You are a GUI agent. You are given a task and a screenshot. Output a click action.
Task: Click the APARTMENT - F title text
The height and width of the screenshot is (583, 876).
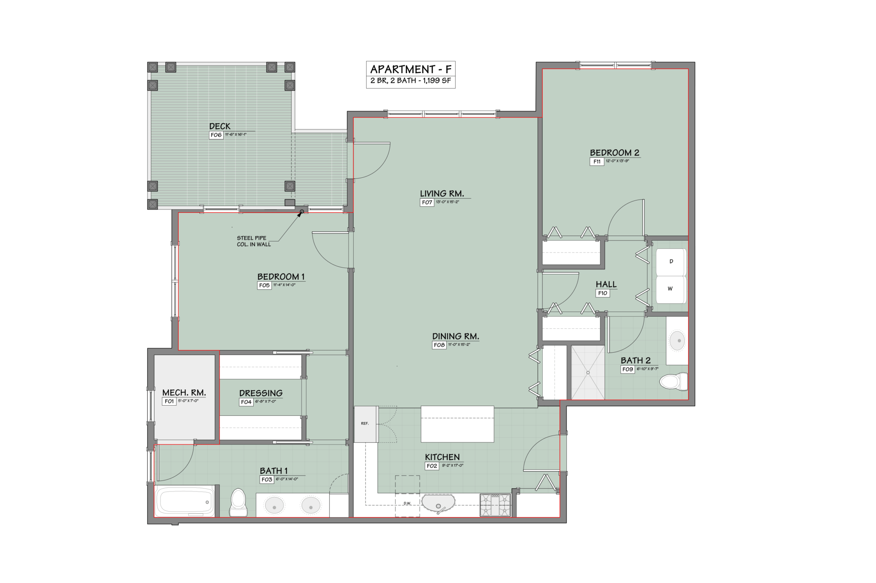point(410,69)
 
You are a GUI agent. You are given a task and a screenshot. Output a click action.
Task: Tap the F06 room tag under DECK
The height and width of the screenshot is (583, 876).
point(216,135)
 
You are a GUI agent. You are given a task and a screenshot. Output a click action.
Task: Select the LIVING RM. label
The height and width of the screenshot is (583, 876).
point(442,194)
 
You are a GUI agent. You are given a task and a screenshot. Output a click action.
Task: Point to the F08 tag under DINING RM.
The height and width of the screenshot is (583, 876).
point(439,345)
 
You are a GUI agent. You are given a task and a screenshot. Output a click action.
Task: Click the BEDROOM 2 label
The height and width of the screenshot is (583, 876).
point(614,153)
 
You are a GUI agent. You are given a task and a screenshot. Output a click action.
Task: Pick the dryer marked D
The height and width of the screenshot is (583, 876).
point(671,262)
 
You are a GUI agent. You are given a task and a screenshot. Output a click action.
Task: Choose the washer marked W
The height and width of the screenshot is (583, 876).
point(670,289)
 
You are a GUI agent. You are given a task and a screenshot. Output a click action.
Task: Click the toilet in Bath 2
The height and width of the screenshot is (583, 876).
point(673,381)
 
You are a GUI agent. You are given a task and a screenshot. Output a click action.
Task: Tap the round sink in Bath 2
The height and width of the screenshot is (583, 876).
point(677,341)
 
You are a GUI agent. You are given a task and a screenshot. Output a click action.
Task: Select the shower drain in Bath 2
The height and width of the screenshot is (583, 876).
point(588,373)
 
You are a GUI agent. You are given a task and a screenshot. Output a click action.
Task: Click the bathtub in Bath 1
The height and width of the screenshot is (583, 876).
point(185,502)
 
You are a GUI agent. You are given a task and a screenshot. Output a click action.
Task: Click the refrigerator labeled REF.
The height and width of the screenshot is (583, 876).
point(365,424)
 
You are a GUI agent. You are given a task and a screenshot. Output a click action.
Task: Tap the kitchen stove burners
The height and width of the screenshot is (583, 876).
point(495,505)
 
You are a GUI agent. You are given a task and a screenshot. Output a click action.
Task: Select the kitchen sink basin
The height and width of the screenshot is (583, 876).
point(438,503)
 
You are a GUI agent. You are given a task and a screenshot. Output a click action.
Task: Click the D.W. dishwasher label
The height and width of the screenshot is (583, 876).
point(407,503)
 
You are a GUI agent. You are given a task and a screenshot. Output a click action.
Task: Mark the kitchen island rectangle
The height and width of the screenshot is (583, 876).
point(457,424)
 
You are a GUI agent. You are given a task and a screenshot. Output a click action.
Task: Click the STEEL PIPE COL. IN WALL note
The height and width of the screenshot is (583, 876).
point(254,241)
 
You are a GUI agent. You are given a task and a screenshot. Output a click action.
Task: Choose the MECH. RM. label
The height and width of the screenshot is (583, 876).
point(184,392)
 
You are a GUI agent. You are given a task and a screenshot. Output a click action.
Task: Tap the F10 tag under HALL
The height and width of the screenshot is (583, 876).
point(602,293)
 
